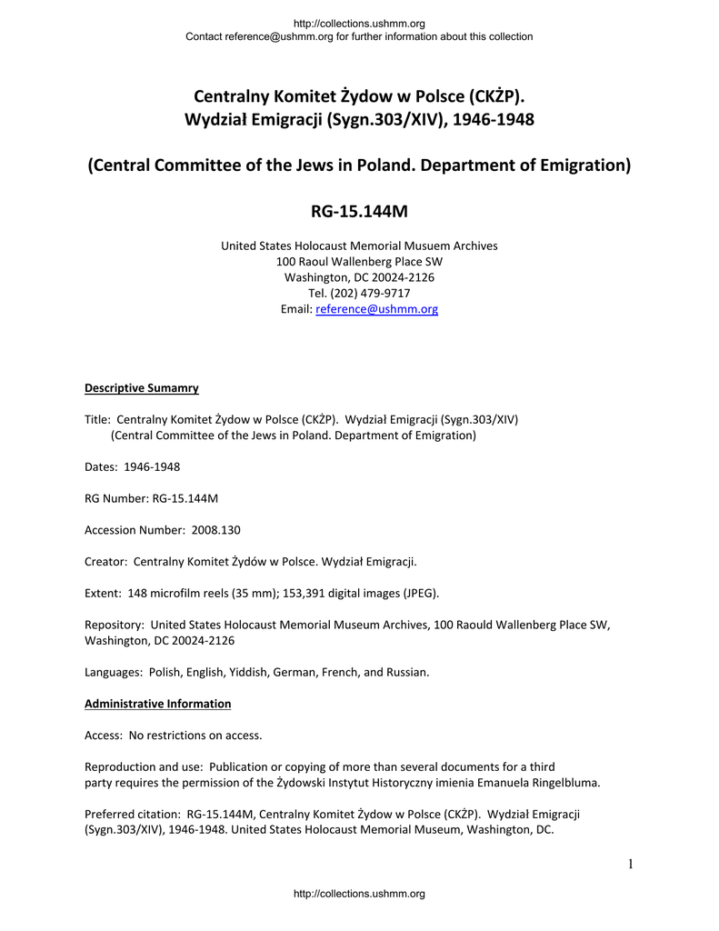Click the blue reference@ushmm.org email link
[x=376, y=309]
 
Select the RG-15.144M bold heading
[x=359, y=212]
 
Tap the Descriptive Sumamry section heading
[x=141, y=388]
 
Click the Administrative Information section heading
[x=157, y=704]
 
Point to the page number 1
[x=629, y=864]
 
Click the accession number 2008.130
[x=215, y=530]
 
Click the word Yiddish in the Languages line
[x=255, y=673]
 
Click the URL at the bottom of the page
[x=359, y=894]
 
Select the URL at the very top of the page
[x=359, y=23]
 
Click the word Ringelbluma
[x=565, y=783]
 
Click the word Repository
[x=113, y=626]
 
